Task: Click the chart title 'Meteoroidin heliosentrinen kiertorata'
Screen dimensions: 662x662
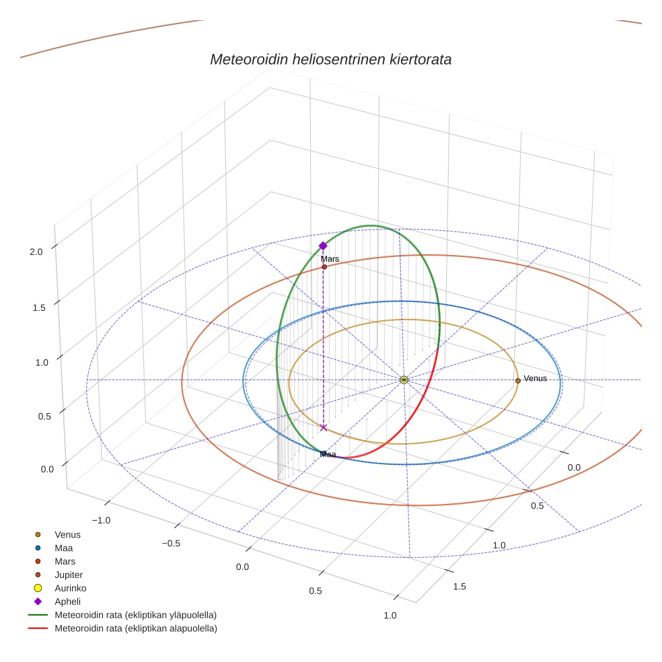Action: click(x=330, y=59)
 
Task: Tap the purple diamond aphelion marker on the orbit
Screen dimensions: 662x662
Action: click(x=323, y=246)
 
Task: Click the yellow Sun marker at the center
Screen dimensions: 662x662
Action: click(x=404, y=380)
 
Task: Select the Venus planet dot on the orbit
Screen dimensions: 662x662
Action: click(x=517, y=381)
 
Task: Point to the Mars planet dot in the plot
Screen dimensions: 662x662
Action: click(x=324, y=267)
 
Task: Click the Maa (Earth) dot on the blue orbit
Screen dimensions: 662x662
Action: click(x=324, y=453)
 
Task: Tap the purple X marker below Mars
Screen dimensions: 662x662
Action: click(x=324, y=427)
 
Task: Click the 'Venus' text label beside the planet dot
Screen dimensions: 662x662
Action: click(x=535, y=378)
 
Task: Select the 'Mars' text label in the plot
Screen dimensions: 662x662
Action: click(x=330, y=258)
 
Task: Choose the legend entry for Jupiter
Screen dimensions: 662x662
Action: click(x=69, y=575)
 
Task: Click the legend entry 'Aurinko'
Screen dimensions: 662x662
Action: click(x=70, y=588)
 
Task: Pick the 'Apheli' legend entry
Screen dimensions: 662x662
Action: click(x=67, y=601)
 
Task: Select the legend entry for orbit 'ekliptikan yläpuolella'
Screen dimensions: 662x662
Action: click(x=135, y=615)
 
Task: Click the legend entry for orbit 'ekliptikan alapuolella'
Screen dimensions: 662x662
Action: click(x=135, y=628)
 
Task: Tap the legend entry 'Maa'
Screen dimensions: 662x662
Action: click(x=64, y=548)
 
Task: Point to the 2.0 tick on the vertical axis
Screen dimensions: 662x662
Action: click(x=36, y=252)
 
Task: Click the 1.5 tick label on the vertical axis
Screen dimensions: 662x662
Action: click(x=36, y=307)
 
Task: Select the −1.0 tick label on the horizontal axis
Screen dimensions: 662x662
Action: click(x=100, y=520)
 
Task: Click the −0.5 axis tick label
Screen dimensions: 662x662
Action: click(x=172, y=543)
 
